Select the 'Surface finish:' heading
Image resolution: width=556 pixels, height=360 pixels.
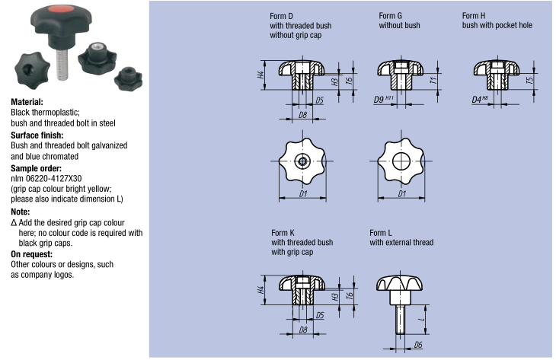(37, 135)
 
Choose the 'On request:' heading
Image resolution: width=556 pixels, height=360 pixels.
(31, 254)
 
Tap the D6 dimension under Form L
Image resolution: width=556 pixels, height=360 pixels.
(418, 346)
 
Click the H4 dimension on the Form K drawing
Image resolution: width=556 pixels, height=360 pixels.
(260, 291)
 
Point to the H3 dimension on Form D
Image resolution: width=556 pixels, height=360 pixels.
(334, 81)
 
